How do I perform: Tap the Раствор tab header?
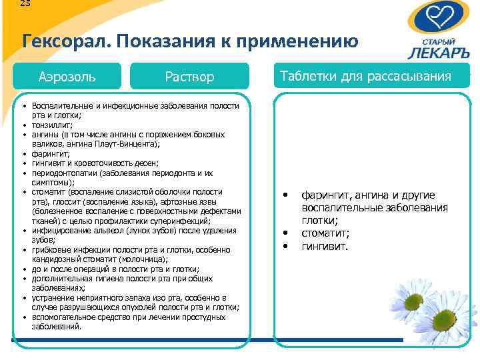(x=189, y=77)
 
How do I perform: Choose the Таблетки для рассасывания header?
(x=366, y=76)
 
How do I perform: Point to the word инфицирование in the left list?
(x=57, y=230)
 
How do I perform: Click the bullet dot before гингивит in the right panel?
(x=285, y=247)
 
